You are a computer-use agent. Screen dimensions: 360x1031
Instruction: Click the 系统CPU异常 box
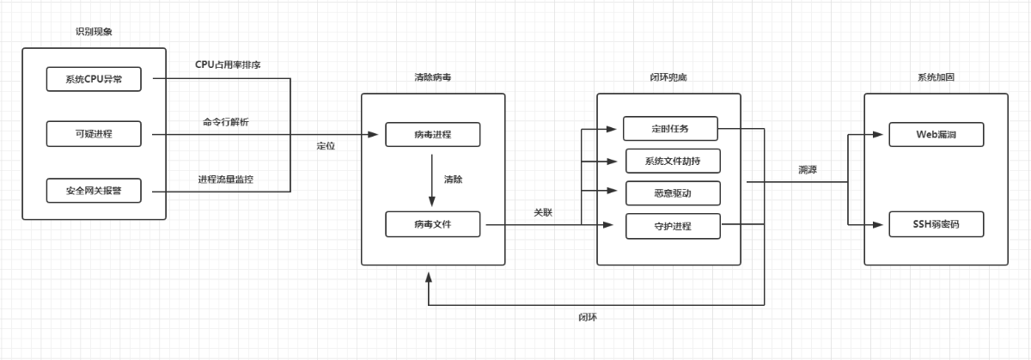pos(95,81)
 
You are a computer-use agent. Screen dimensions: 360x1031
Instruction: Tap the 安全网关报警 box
pos(95,190)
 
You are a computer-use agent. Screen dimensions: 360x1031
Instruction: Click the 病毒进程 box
pos(432,135)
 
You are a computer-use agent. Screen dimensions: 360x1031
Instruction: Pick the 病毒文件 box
pos(432,225)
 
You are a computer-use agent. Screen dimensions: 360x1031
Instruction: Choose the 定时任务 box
pos(670,129)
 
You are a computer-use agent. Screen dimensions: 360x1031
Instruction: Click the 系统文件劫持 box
pos(670,161)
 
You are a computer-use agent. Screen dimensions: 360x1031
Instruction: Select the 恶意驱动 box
pos(670,193)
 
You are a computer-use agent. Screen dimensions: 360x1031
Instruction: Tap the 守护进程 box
pos(670,226)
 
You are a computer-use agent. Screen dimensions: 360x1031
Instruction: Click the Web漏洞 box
pos(936,135)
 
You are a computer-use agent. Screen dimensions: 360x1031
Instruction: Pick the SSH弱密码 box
pos(936,225)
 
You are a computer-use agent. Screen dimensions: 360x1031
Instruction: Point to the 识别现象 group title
pos(95,33)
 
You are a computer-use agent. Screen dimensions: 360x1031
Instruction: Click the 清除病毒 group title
pos(431,77)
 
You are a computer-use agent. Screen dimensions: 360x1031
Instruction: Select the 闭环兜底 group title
pos(668,77)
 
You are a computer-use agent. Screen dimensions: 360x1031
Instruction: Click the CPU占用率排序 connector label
pos(228,64)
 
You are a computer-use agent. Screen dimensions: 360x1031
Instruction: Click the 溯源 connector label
pos(807,170)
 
